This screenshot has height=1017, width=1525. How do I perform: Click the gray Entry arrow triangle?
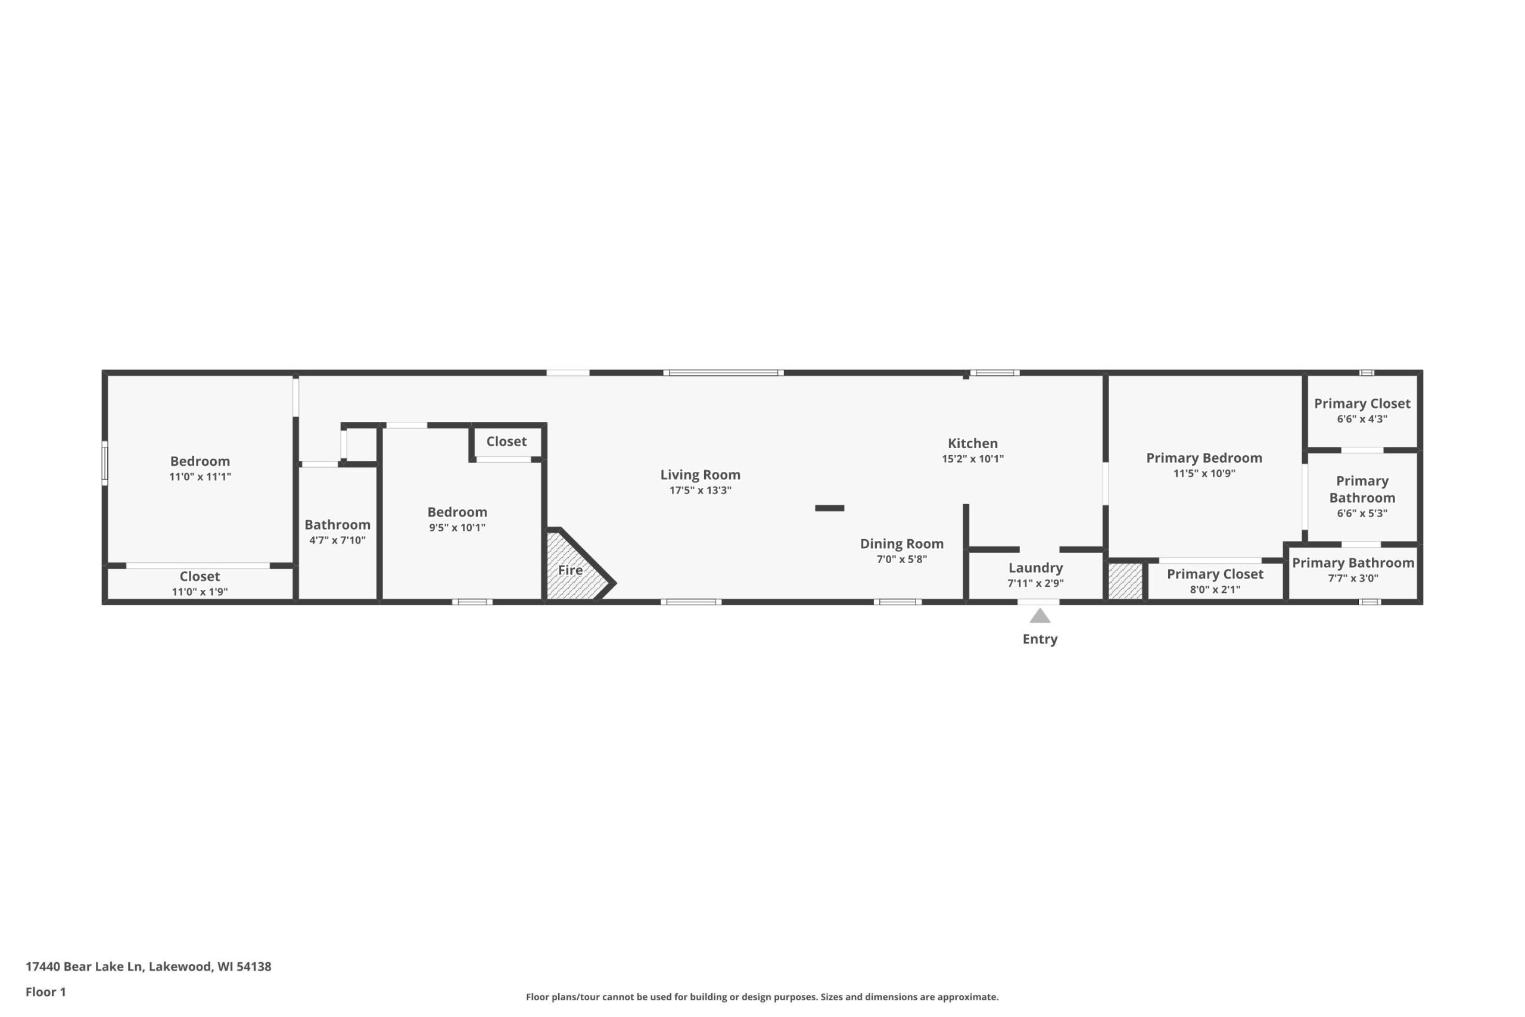pyautogui.click(x=1040, y=615)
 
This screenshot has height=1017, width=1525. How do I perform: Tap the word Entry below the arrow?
pyautogui.click(x=1040, y=639)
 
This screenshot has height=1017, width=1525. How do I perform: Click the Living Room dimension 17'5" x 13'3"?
pyautogui.click(x=701, y=490)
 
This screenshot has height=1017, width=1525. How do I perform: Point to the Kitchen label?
pyautogui.click(x=973, y=444)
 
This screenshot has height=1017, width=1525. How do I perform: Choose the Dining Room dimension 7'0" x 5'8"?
pyautogui.click(x=902, y=559)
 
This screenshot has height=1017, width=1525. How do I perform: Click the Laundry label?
pyautogui.click(x=1035, y=568)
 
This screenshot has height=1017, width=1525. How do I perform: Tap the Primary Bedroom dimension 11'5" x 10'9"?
pyautogui.click(x=1204, y=474)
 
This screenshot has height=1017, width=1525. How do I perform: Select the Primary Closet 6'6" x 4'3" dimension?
pyautogui.click(x=1362, y=419)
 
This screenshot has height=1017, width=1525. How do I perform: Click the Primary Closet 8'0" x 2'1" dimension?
pyautogui.click(x=1215, y=590)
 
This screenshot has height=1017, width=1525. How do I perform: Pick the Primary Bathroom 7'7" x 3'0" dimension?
pyautogui.click(x=1353, y=579)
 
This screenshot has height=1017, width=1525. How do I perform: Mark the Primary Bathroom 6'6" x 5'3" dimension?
pyautogui.click(x=1362, y=514)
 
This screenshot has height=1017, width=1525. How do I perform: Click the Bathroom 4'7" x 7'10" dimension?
pyautogui.click(x=337, y=540)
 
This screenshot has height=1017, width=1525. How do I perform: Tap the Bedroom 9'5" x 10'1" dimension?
pyautogui.click(x=457, y=528)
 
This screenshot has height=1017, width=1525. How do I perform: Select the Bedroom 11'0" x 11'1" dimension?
pyautogui.click(x=200, y=477)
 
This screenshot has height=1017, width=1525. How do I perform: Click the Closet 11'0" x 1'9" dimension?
pyautogui.click(x=200, y=592)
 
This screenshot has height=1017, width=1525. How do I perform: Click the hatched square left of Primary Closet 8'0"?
pyautogui.click(x=1125, y=581)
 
